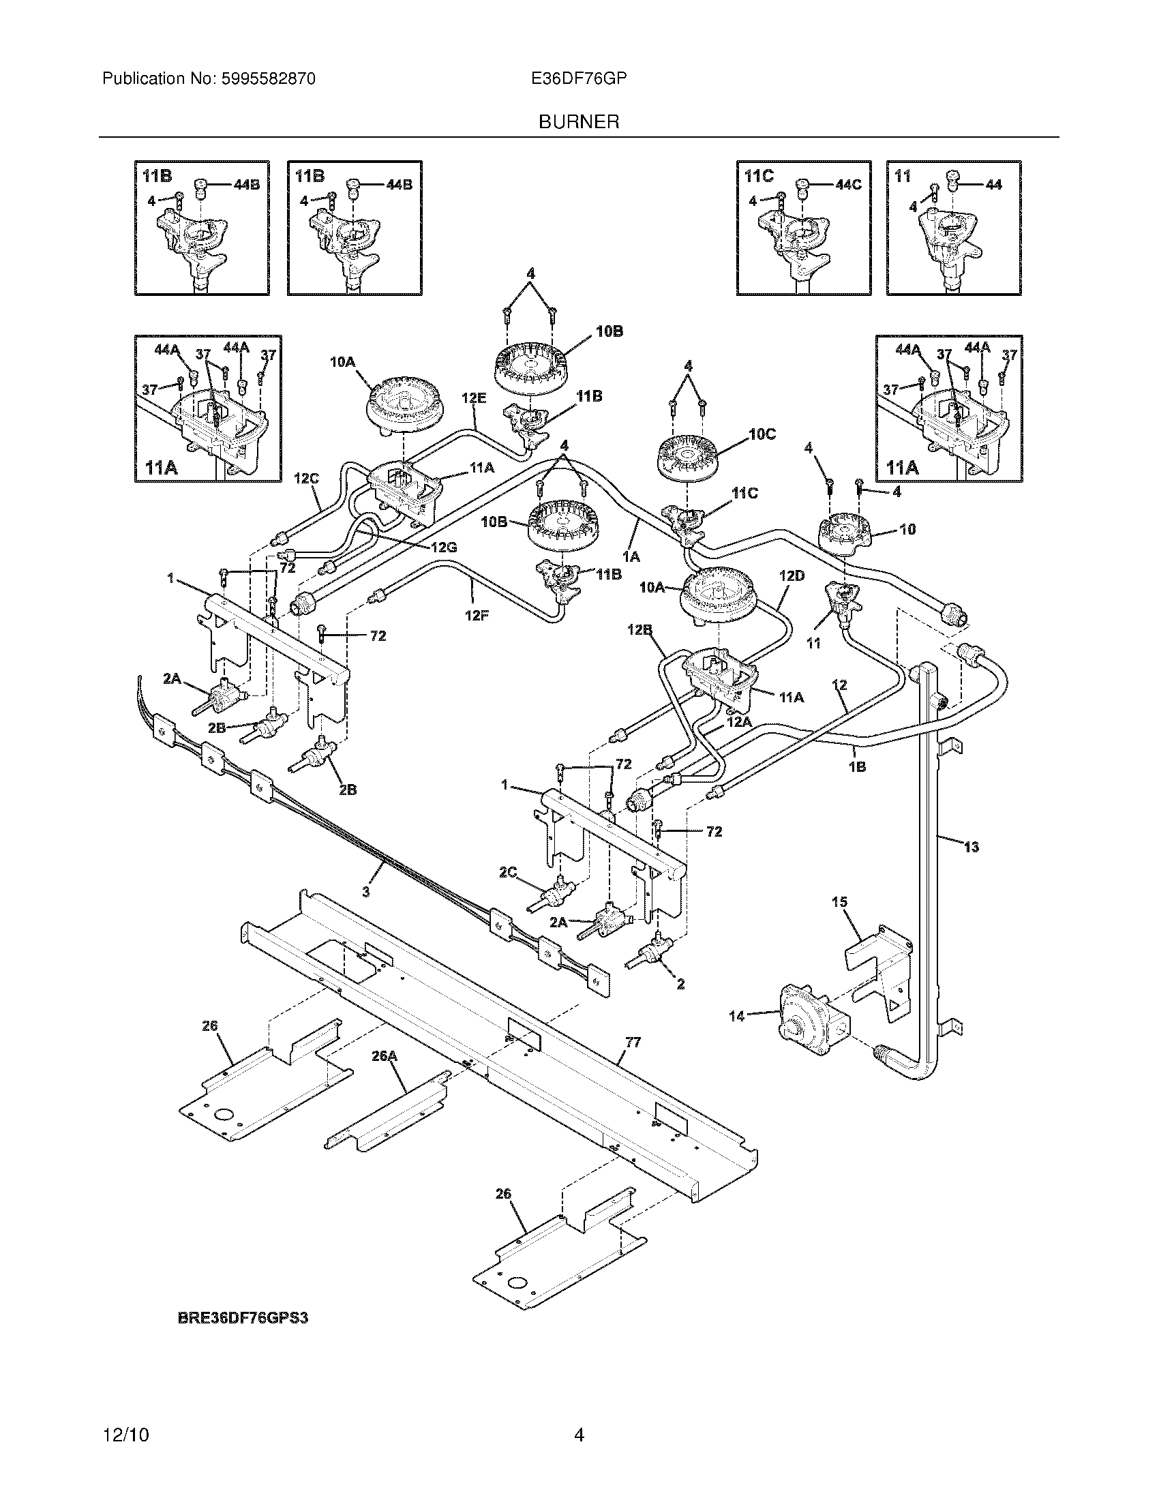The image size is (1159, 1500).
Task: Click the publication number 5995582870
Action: (268, 79)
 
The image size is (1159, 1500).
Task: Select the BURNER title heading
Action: (579, 122)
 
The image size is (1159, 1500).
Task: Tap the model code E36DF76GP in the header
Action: (579, 79)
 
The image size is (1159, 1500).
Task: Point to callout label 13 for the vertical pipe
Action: (971, 847)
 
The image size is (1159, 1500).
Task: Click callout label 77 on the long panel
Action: (633, 1042)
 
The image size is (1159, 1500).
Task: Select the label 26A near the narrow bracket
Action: (385, 1056)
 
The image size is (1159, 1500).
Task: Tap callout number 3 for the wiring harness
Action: (366, 892)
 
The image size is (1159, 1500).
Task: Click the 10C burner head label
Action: (762, 434)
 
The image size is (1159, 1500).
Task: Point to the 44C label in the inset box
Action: (848, 185)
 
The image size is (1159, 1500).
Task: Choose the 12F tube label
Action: (477, 616)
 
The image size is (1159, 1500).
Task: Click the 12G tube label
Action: (444, 547)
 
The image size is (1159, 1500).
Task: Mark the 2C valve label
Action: (508, 872)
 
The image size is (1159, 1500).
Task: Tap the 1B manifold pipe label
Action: (857, 767)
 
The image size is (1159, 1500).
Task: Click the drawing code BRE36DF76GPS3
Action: (243, 1318)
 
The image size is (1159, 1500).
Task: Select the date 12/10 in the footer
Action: (125, 1435)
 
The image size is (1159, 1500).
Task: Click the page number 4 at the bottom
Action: (579, 1435)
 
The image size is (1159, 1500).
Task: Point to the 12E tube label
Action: (474, 397)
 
